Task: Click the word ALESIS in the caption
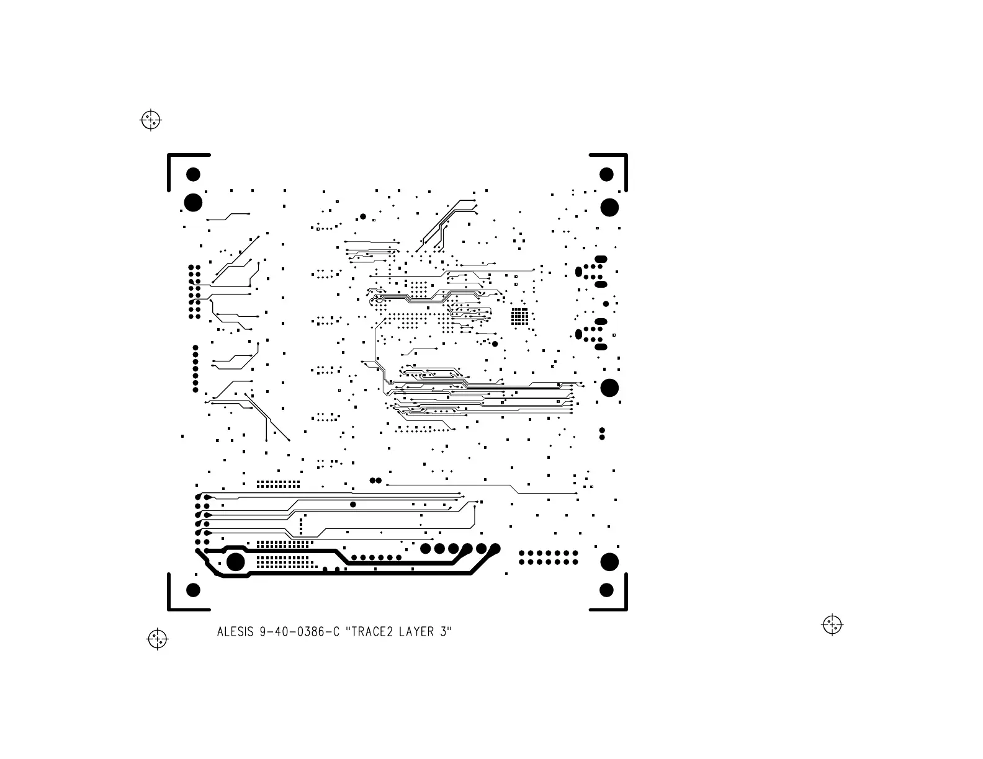click(235, 632)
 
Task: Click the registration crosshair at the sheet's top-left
click(151, 120)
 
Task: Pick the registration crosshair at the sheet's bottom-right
click(832, 624)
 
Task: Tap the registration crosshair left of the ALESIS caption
click(158, 639)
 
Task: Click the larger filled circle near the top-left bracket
click(194, 203)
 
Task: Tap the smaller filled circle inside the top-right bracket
click(606, 174)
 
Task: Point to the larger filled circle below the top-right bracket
click(609, 207)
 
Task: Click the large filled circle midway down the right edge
click(609, 388)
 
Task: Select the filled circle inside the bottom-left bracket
click(194, 590)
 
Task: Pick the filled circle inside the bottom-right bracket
click(606, 590)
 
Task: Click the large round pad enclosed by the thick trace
click(236, 562)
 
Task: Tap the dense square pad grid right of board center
click(520, 316)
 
